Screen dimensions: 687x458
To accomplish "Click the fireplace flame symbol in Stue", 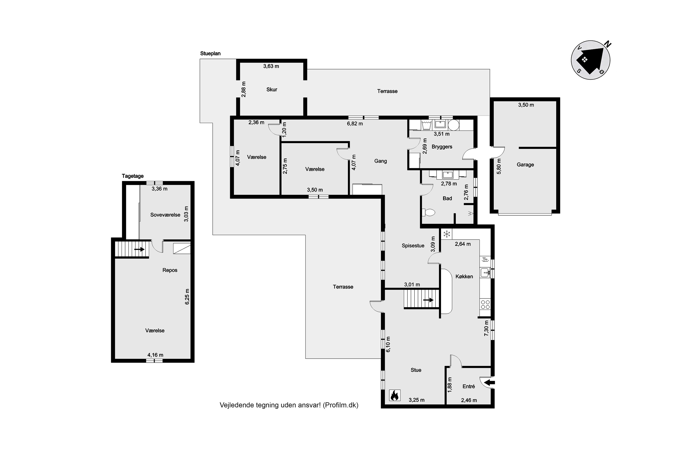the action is point(395,395).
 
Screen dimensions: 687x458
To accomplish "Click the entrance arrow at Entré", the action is point(489,382).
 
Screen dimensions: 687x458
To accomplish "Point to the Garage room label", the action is point(525,165).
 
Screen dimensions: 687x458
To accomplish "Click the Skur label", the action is point(272,90).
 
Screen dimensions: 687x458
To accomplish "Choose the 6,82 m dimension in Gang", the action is point(355,124).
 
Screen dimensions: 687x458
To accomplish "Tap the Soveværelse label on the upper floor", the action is point(165,215).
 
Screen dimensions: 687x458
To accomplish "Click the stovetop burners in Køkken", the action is point(485,304).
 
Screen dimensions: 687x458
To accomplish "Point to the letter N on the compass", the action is point(608,44).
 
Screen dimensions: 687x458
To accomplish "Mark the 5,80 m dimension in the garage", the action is point(499,166).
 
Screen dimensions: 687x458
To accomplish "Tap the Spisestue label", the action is point(413,246).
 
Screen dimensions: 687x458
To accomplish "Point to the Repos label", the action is point(170,270).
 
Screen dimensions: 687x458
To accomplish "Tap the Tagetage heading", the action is point(133,176).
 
